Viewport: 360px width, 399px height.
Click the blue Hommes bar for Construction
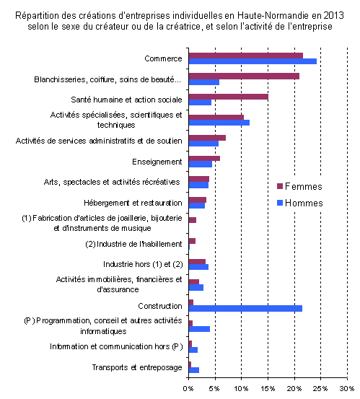click(x=245, y=308)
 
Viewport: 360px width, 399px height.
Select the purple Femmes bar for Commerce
click(x=246, y=56)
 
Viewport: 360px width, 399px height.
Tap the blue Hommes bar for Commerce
click(x=253, y=61)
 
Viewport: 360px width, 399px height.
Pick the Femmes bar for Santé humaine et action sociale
click(x=229, y=97)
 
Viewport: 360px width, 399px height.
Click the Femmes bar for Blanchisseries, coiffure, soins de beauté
click(x=245, y=76)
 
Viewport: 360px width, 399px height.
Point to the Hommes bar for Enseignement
click(x=201, y=164)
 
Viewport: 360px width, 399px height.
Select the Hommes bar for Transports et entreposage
click(x=194, y=370)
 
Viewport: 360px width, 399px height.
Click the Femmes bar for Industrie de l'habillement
click(x=192, y=241)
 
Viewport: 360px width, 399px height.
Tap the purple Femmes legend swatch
click(x=280, y=186)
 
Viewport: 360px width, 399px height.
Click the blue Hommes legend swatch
click(x=280, y=203)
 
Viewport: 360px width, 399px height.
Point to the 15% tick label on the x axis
click(x=268, y=389)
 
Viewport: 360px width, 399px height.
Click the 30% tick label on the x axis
click(x=347, y=389)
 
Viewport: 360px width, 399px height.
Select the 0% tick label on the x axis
click(x=188, y=389)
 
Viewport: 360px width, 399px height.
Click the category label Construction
click(x=160, y=306)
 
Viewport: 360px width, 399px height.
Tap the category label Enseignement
click(x=157, y=162)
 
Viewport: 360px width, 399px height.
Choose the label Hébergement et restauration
click(x=133, y=203)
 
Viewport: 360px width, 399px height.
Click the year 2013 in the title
click(x=333, y=16)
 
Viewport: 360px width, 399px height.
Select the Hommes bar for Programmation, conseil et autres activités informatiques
click(x=199, y=329)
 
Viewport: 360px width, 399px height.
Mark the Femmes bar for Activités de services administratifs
click(x=207, y=138)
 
